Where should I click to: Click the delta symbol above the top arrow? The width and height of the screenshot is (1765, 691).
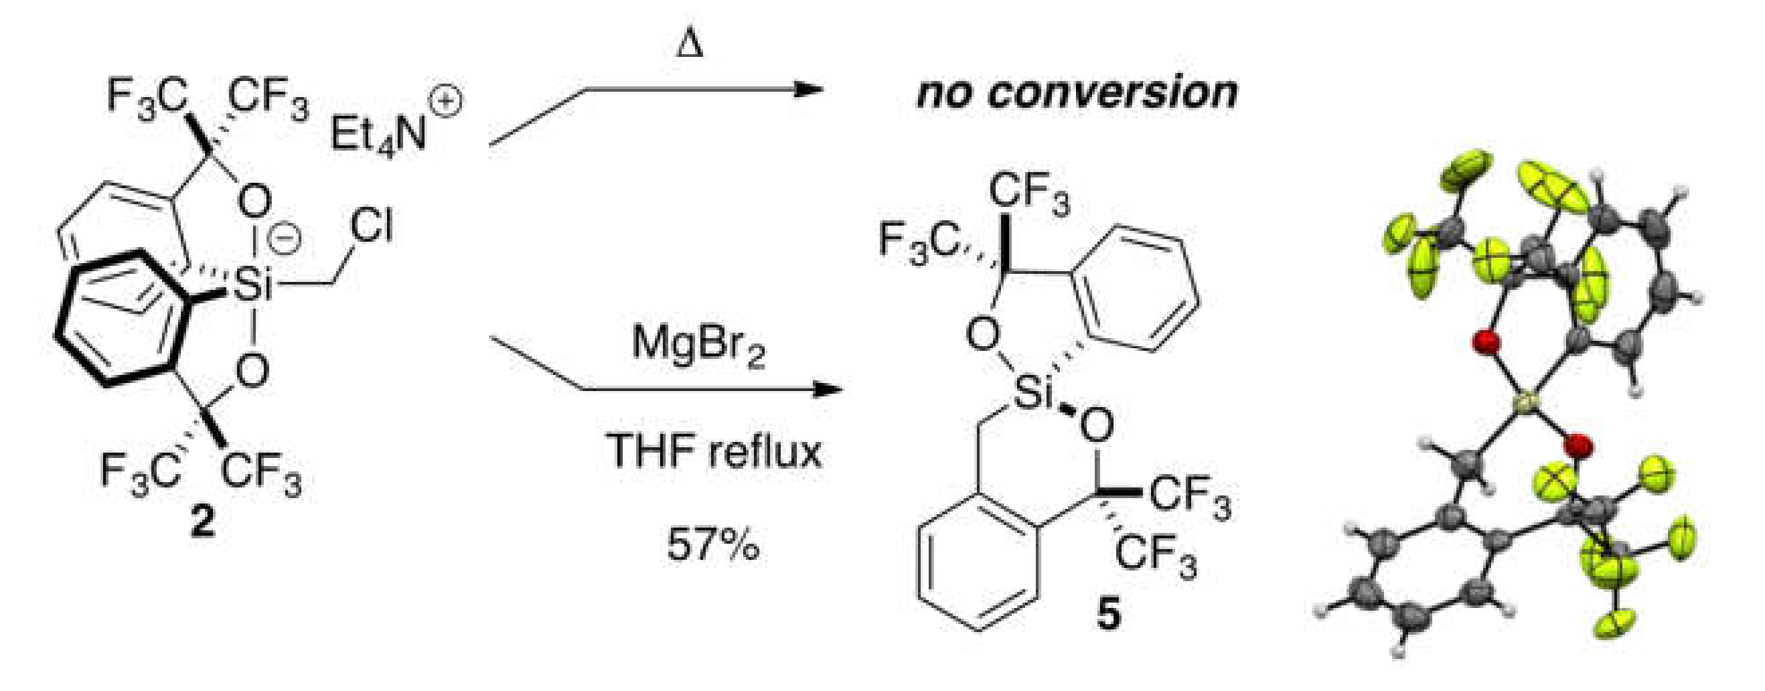[690, 47]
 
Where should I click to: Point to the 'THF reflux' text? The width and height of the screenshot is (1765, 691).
[713, 452]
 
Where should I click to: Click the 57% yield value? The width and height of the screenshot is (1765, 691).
[712, 545]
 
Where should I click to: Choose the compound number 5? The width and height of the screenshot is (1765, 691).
[1109, 615]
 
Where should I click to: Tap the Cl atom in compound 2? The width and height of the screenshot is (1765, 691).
[372, 227]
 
